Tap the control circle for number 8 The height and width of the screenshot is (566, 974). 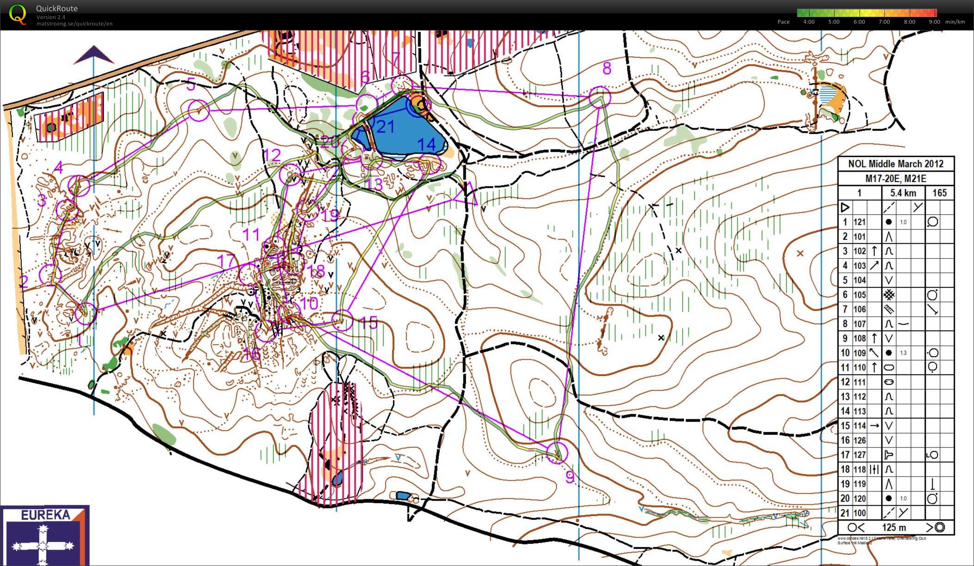click(600, 97)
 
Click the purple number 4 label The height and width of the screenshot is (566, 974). click(58, 168)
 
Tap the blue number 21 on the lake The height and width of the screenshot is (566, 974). click(385, 127)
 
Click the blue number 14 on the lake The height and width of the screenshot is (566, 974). click(426, 144)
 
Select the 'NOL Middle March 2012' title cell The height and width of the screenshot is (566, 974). click(895, 164)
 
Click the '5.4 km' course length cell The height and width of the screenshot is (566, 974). click(903, 193)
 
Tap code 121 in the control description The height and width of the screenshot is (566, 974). click(859, 222)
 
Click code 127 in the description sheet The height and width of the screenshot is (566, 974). click(859, 455)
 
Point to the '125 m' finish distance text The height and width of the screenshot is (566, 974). click(894, 528)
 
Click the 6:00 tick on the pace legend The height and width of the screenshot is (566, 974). click(859, 22)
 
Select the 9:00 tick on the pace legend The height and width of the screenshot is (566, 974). click(934, 22)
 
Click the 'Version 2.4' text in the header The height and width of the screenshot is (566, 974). click(51, 17)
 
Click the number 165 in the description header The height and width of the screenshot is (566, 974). click(939, 193)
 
